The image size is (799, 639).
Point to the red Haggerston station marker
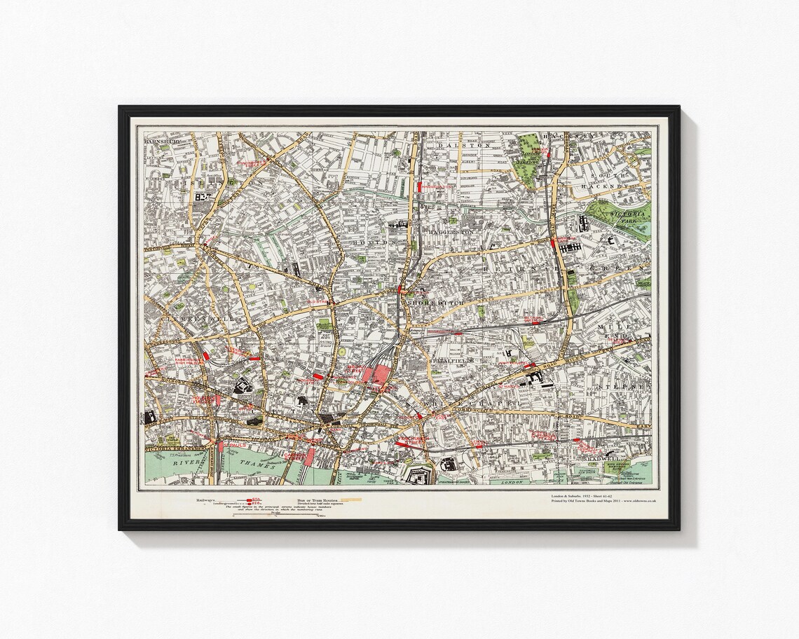coord(419,187)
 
